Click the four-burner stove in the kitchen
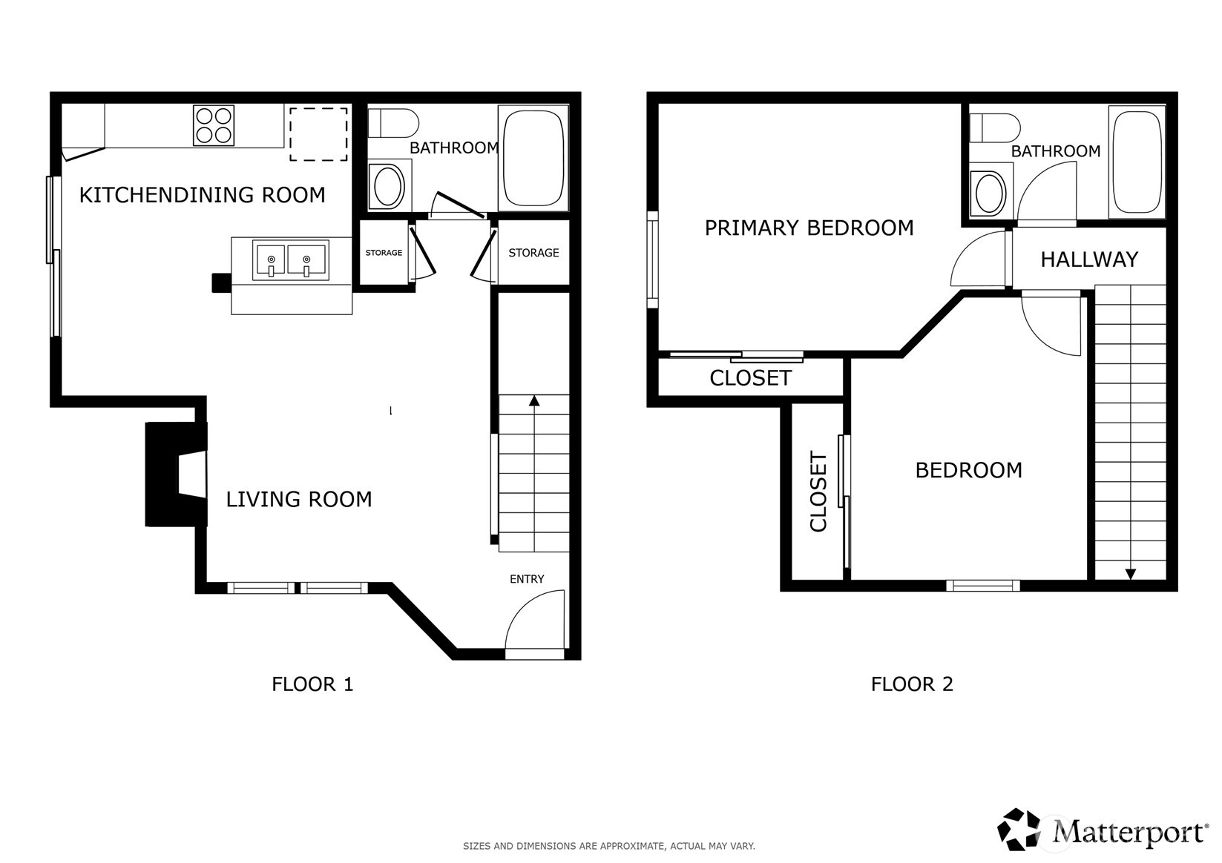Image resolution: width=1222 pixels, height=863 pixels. (x=214, y=125)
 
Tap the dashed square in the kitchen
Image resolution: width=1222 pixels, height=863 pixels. (x=318, y=134)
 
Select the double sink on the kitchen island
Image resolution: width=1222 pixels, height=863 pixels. (x=291, y=260)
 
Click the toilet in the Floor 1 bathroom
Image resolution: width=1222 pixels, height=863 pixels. (x=393, y=123)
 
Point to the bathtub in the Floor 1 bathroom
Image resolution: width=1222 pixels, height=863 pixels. (x=533, y=159)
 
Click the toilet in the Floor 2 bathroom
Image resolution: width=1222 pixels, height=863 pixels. (x=996, y=128)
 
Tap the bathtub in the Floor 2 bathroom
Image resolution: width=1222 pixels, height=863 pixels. (x=1137, y=162)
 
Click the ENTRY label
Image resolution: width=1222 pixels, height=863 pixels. (x=527, y=579)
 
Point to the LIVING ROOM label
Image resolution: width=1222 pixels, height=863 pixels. (x=299, y=500)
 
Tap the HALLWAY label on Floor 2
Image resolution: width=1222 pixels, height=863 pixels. (x=1089, y=259)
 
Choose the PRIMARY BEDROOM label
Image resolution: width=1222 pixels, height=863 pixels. (x=809, y=228)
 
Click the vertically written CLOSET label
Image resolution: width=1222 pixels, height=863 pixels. (x=818, y=492)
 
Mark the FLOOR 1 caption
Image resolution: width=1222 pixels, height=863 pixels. (x=312, y=684)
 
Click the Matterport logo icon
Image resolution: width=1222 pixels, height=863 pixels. (x=1018, y=830)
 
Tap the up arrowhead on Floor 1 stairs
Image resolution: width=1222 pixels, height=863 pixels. (x=535, y=400)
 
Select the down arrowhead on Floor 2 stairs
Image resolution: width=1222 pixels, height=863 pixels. (x=1131, y=574)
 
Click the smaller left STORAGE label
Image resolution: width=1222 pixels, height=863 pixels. (x=384, y=253)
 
